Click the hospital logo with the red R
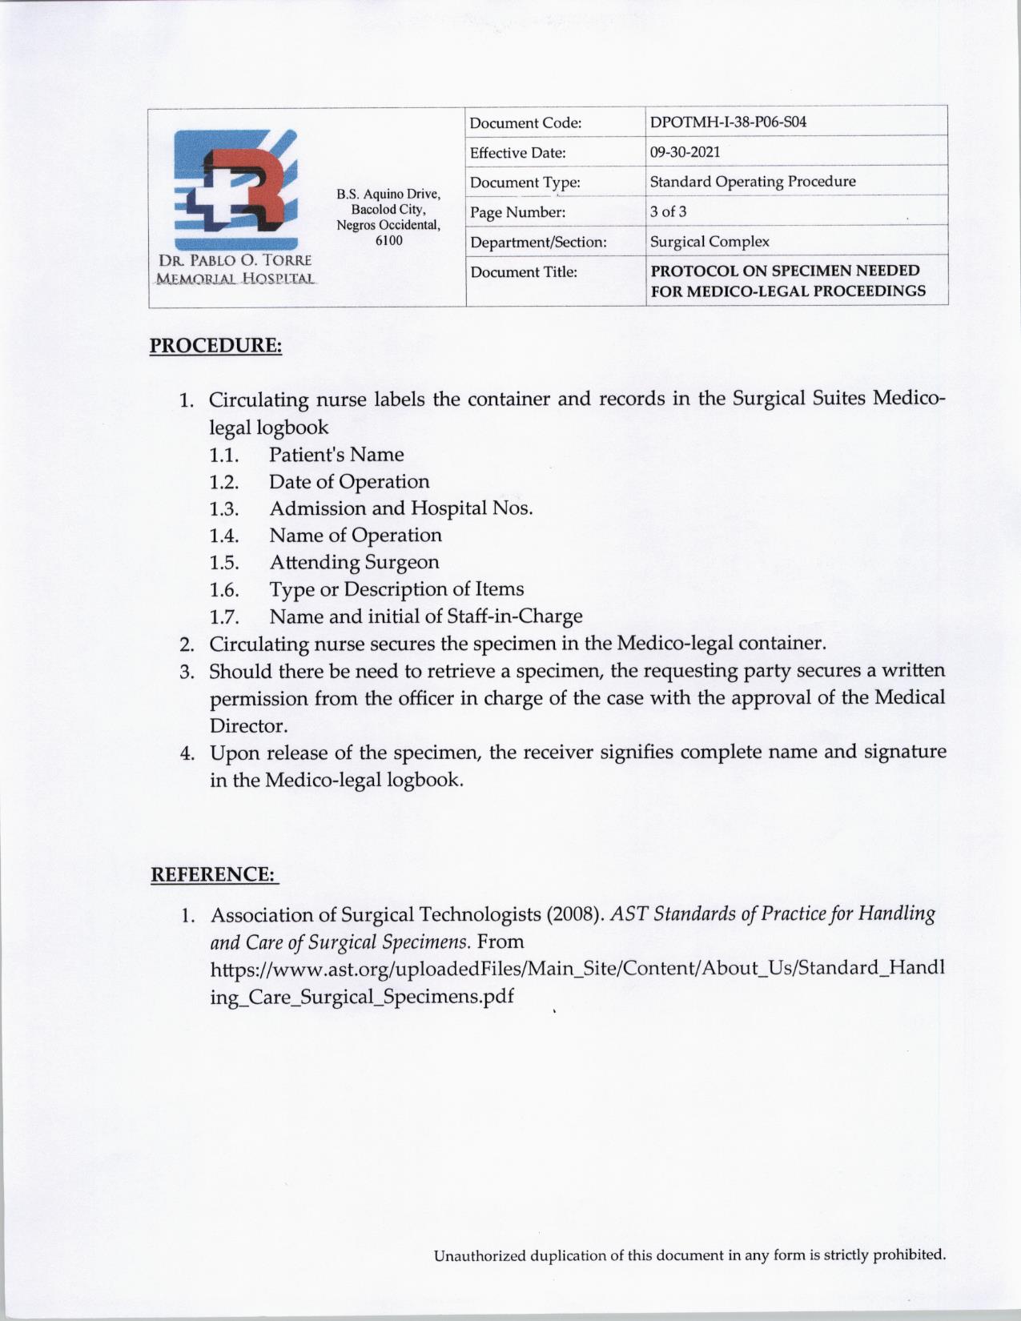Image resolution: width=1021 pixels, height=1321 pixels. click(237, 189)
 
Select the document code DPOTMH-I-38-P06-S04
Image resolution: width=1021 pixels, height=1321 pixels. click(727, 122)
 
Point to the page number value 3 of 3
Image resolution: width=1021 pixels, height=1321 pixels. click(668, 211)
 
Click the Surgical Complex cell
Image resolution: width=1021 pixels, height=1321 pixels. click(709, 241)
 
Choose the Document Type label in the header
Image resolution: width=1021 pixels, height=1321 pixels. click(525, 183)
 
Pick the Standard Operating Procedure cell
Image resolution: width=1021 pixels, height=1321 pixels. click(752, 182)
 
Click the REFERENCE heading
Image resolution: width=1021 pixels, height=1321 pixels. click(214, 873)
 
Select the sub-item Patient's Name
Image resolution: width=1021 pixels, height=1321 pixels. click(336, 455)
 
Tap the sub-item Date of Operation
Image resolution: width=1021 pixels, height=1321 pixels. click(349, 482)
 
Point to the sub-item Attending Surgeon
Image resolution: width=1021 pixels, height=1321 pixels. click(354, 562)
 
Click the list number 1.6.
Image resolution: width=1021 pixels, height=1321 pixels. click(224, 590)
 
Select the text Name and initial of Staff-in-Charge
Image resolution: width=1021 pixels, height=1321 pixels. click(425, 616)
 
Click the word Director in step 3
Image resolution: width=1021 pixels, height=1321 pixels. click(248, 726)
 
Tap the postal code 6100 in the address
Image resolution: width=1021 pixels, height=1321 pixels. click(388, 240)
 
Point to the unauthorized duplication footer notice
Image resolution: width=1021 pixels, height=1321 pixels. click(689, 1255)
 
